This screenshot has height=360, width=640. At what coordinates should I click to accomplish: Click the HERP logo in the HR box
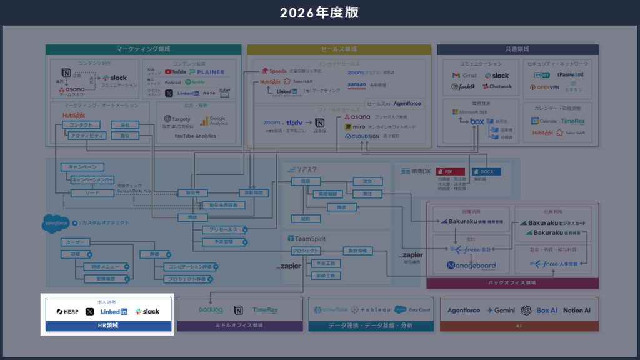pyautogui.click(x=67, y=311)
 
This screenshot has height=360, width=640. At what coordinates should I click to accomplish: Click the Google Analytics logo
pyautogui.click(x=214, y=120)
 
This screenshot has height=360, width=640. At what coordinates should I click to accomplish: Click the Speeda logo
pyautogui.click(x=274, y=71)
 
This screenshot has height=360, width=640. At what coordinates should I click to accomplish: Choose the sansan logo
pyautogui.click(x=357, y=84)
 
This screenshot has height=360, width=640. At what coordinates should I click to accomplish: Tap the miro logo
pyautogui.click(x=354, y=126)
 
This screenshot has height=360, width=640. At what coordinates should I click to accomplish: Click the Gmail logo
pyautogui.click(x=465, y=76)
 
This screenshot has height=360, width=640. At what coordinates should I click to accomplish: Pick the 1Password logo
pyautogui.click(x=570, y=74)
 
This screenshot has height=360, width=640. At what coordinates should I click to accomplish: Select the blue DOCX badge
pyautogui.click(x=486, y=171)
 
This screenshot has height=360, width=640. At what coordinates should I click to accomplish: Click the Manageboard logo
pyautogui.click(x=471, y=266)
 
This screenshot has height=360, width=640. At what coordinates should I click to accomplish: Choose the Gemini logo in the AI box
pyautogui.click(x=500, y=311)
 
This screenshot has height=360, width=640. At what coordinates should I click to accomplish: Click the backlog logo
pyautogui.click(x=211, y=309)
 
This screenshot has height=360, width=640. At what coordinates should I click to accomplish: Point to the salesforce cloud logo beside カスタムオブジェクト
pyautogui.click(x=56, y=223)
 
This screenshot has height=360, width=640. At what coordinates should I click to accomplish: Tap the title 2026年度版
pyautogui.click(x=319, y=12)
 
